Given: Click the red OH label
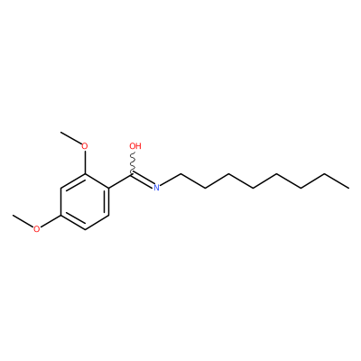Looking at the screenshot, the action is tap(135, 146).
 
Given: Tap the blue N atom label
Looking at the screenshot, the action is tap(156, 188).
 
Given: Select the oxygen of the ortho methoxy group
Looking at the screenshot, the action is tap(85, 146).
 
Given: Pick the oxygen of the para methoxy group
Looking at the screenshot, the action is tap(36, 229).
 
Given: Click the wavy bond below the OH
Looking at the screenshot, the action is tap(133, 162).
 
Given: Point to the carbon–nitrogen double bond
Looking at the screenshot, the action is tap(143, 180).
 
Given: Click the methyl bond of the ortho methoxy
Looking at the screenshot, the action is tap(71, 138).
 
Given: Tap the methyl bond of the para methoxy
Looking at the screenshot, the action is tap(23, 220).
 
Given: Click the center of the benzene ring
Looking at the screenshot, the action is tap(85, 201).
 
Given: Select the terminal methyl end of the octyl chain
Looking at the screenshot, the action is tap(349, 188).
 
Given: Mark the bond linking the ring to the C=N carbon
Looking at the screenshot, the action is tap(121, 180).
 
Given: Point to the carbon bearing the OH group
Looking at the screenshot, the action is tap(133, 174).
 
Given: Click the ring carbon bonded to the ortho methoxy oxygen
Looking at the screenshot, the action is tap(85, 174).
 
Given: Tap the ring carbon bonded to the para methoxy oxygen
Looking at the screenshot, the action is tap(61, 216).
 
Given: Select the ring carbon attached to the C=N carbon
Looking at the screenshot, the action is tap(108, 188).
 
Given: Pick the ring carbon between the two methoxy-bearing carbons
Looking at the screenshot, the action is tap(61, 188).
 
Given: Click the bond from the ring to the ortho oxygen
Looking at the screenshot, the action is tap(85, 162).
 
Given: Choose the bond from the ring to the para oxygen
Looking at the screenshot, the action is tap(51, 221).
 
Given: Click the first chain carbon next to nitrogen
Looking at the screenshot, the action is tap(180, 174).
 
